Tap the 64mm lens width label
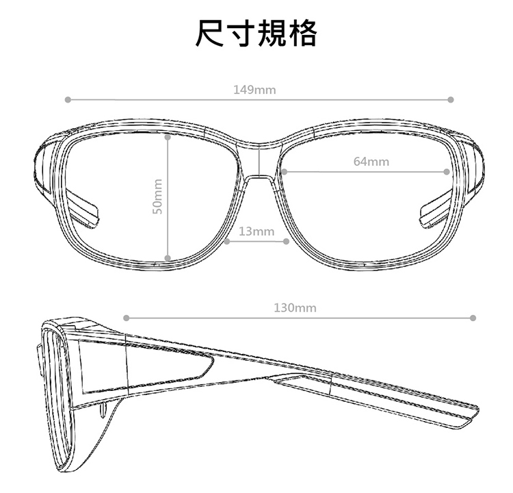pos(371,162)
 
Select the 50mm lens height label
pos(157,196)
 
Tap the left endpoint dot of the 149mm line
pos(67,100)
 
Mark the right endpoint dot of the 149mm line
pos(451,100)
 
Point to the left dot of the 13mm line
pos(226,241)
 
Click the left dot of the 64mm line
pos(283,171)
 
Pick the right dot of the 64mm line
pos(447,171)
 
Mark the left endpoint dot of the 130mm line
pos(126,318)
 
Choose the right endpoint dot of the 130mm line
pos(473,318)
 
